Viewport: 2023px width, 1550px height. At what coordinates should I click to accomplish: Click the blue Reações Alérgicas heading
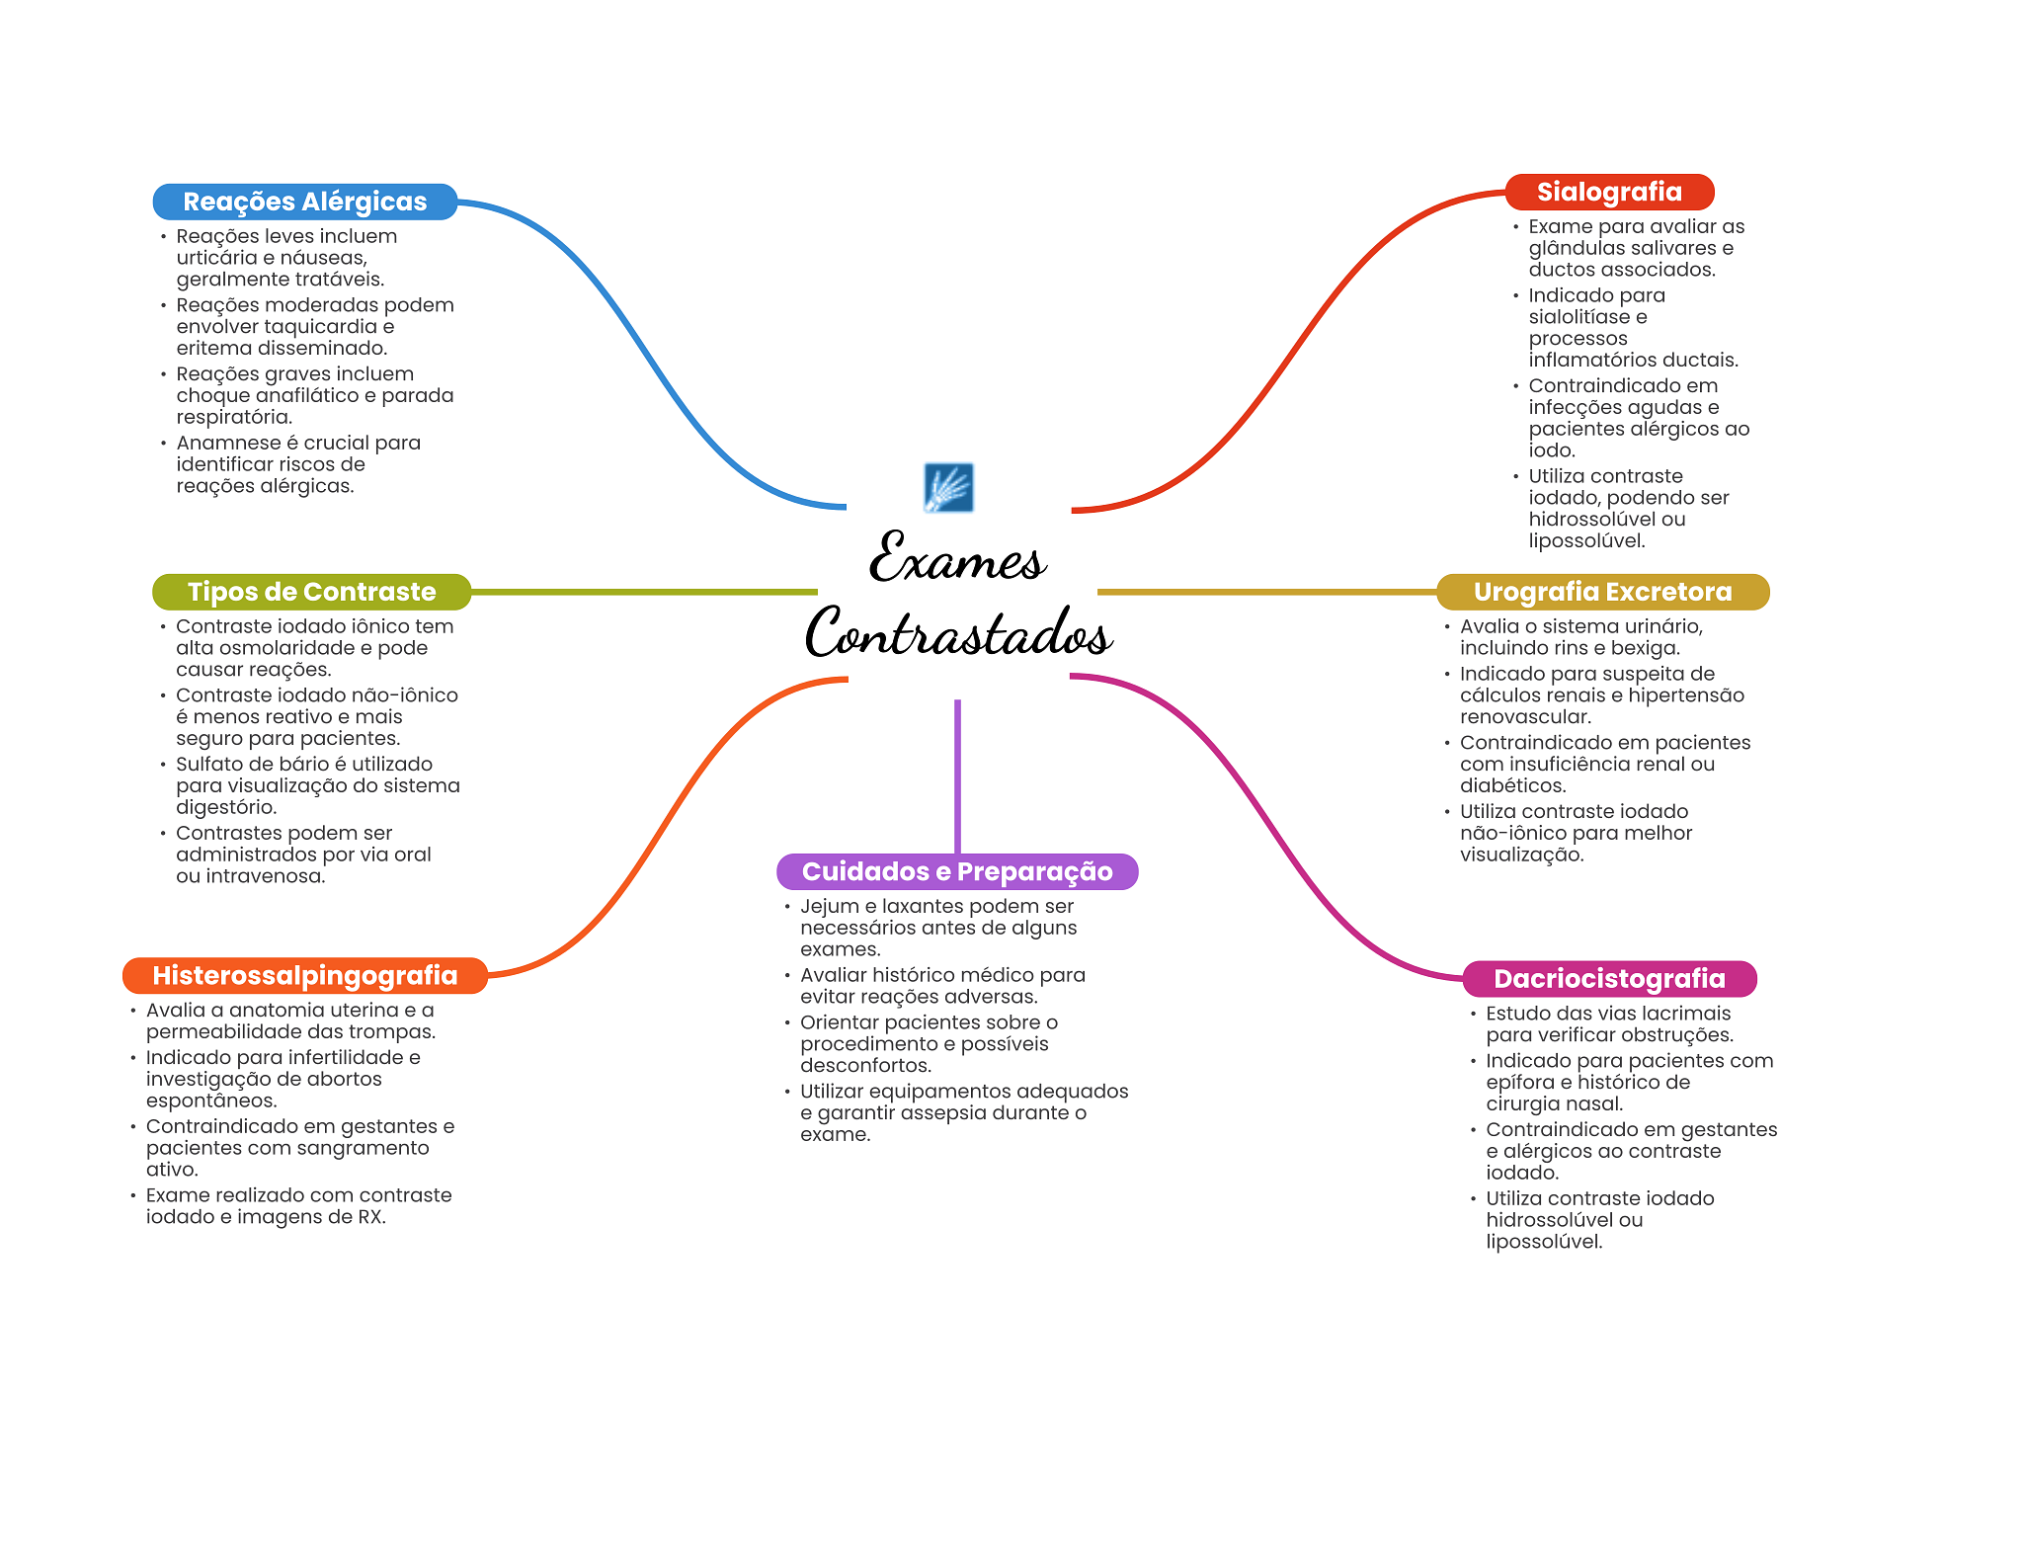click(305, 202)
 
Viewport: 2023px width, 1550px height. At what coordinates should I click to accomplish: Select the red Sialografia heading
click(1609, 192)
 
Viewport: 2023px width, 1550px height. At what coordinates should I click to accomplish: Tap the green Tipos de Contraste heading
click(311, 592)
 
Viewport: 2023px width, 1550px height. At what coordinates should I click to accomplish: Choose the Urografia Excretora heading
click(1602, 592)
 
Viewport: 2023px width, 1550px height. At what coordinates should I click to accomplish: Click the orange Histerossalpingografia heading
click(305, 976)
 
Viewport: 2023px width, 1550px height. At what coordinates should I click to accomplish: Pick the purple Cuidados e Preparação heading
click(957, 871)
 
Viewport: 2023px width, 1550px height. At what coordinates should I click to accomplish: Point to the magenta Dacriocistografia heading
click(1609, 979)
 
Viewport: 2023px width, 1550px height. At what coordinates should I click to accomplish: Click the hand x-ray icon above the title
click(948, 487)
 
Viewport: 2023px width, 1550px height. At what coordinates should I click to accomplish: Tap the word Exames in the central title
click(957, 557)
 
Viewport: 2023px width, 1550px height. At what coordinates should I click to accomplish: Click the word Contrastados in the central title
click(958, 632)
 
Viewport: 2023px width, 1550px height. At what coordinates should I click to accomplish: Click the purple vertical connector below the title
click(957, 776)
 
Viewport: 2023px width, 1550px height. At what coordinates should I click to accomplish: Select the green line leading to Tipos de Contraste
click(644, 592)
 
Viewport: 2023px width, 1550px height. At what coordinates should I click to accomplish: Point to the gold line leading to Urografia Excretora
click(1267, 592)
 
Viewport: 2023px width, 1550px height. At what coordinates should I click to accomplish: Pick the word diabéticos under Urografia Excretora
click(1513, 785)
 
